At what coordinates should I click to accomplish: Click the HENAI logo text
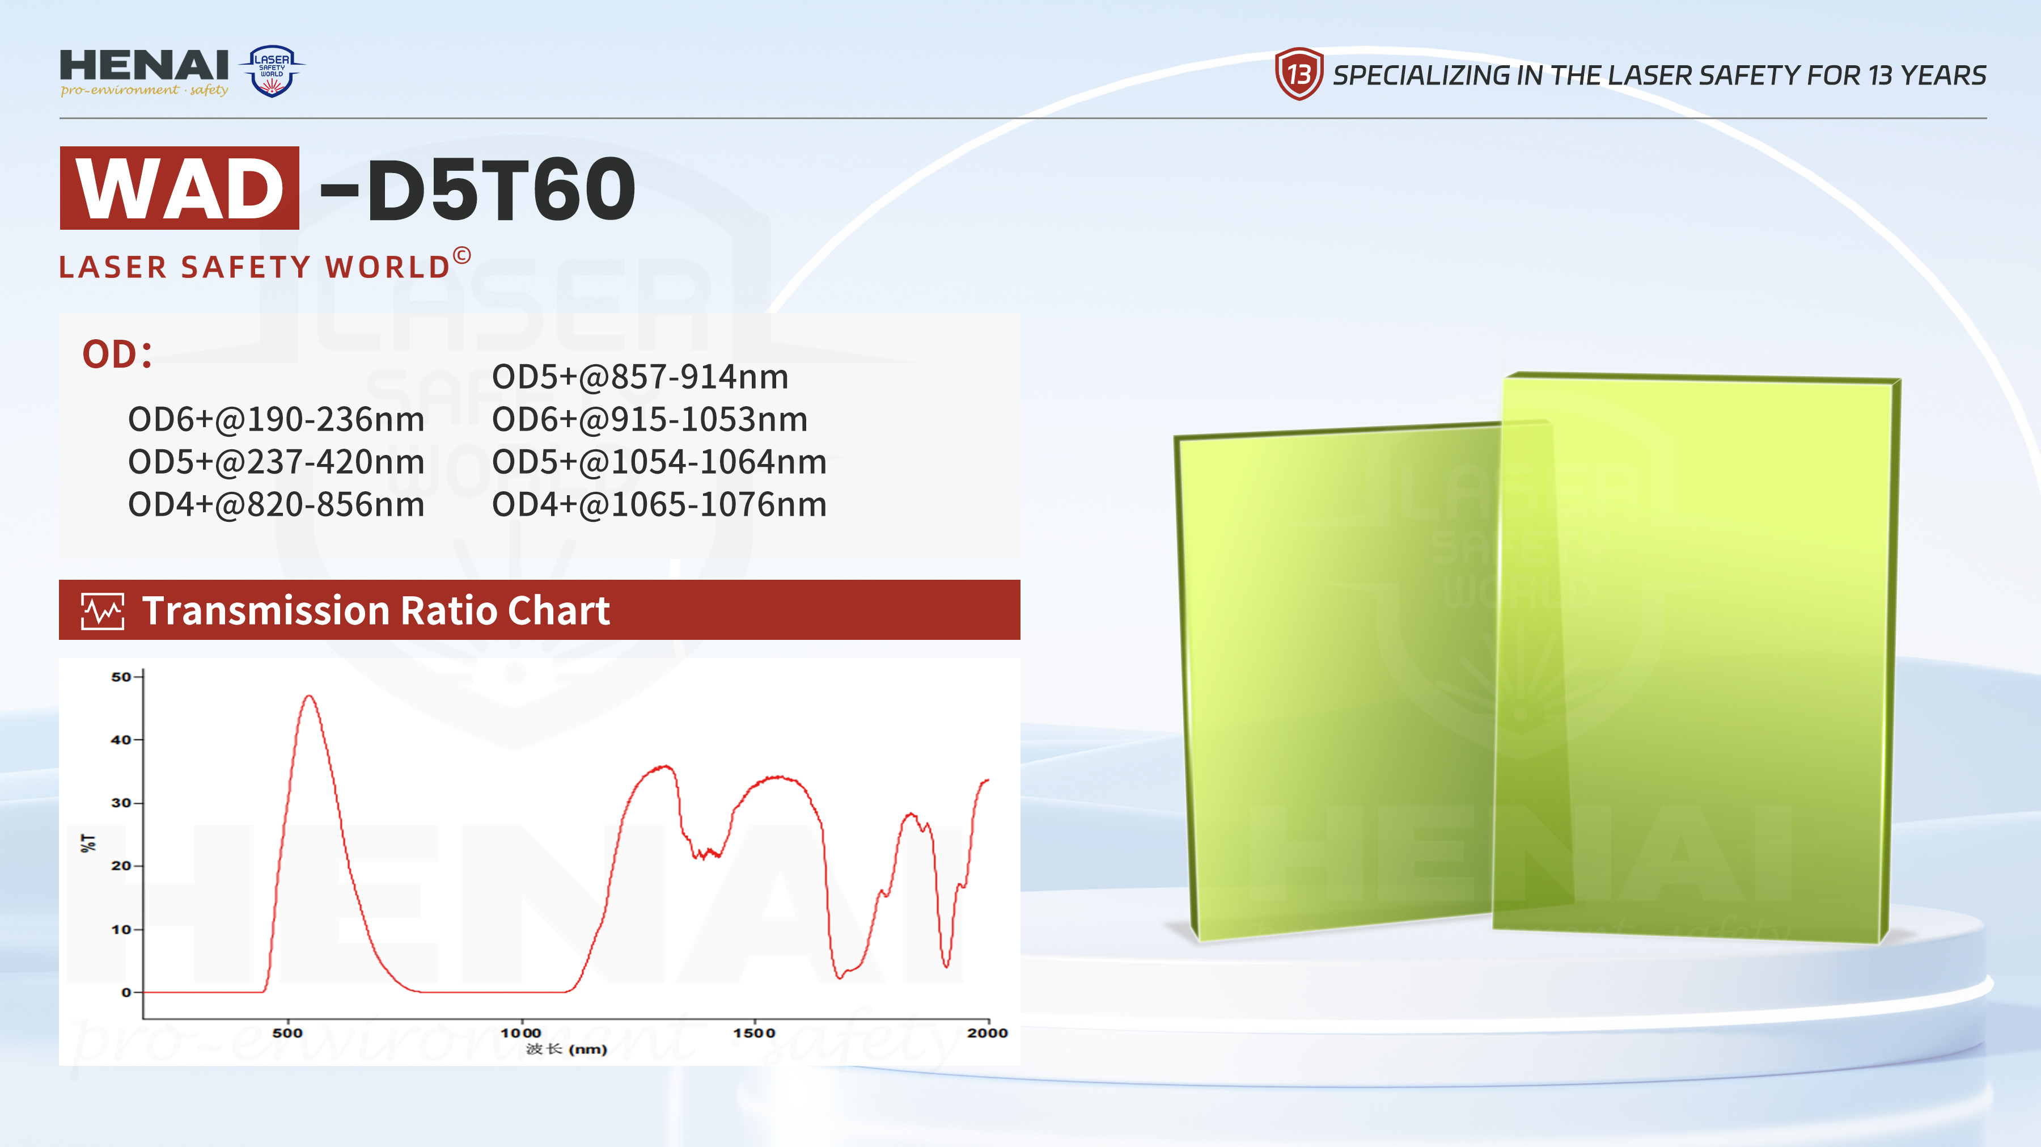[144, 65]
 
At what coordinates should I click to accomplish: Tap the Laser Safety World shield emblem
[272, 70]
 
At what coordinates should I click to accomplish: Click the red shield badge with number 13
[1299, 74]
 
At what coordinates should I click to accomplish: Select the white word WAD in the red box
[180, 189]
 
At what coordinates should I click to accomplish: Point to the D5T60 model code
[501, 189]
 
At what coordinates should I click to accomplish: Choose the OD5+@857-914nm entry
[640, 377]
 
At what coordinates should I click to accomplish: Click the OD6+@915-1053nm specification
[650, 419]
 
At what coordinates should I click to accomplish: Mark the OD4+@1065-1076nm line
[659, 505]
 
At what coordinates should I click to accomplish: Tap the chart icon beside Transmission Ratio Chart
[103, 611]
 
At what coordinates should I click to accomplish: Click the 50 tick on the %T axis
[121, 677]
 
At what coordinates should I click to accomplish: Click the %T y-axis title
[89, 842]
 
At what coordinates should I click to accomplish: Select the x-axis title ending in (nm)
[566, 1049]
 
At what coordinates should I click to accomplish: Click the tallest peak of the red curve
[309, 696]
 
